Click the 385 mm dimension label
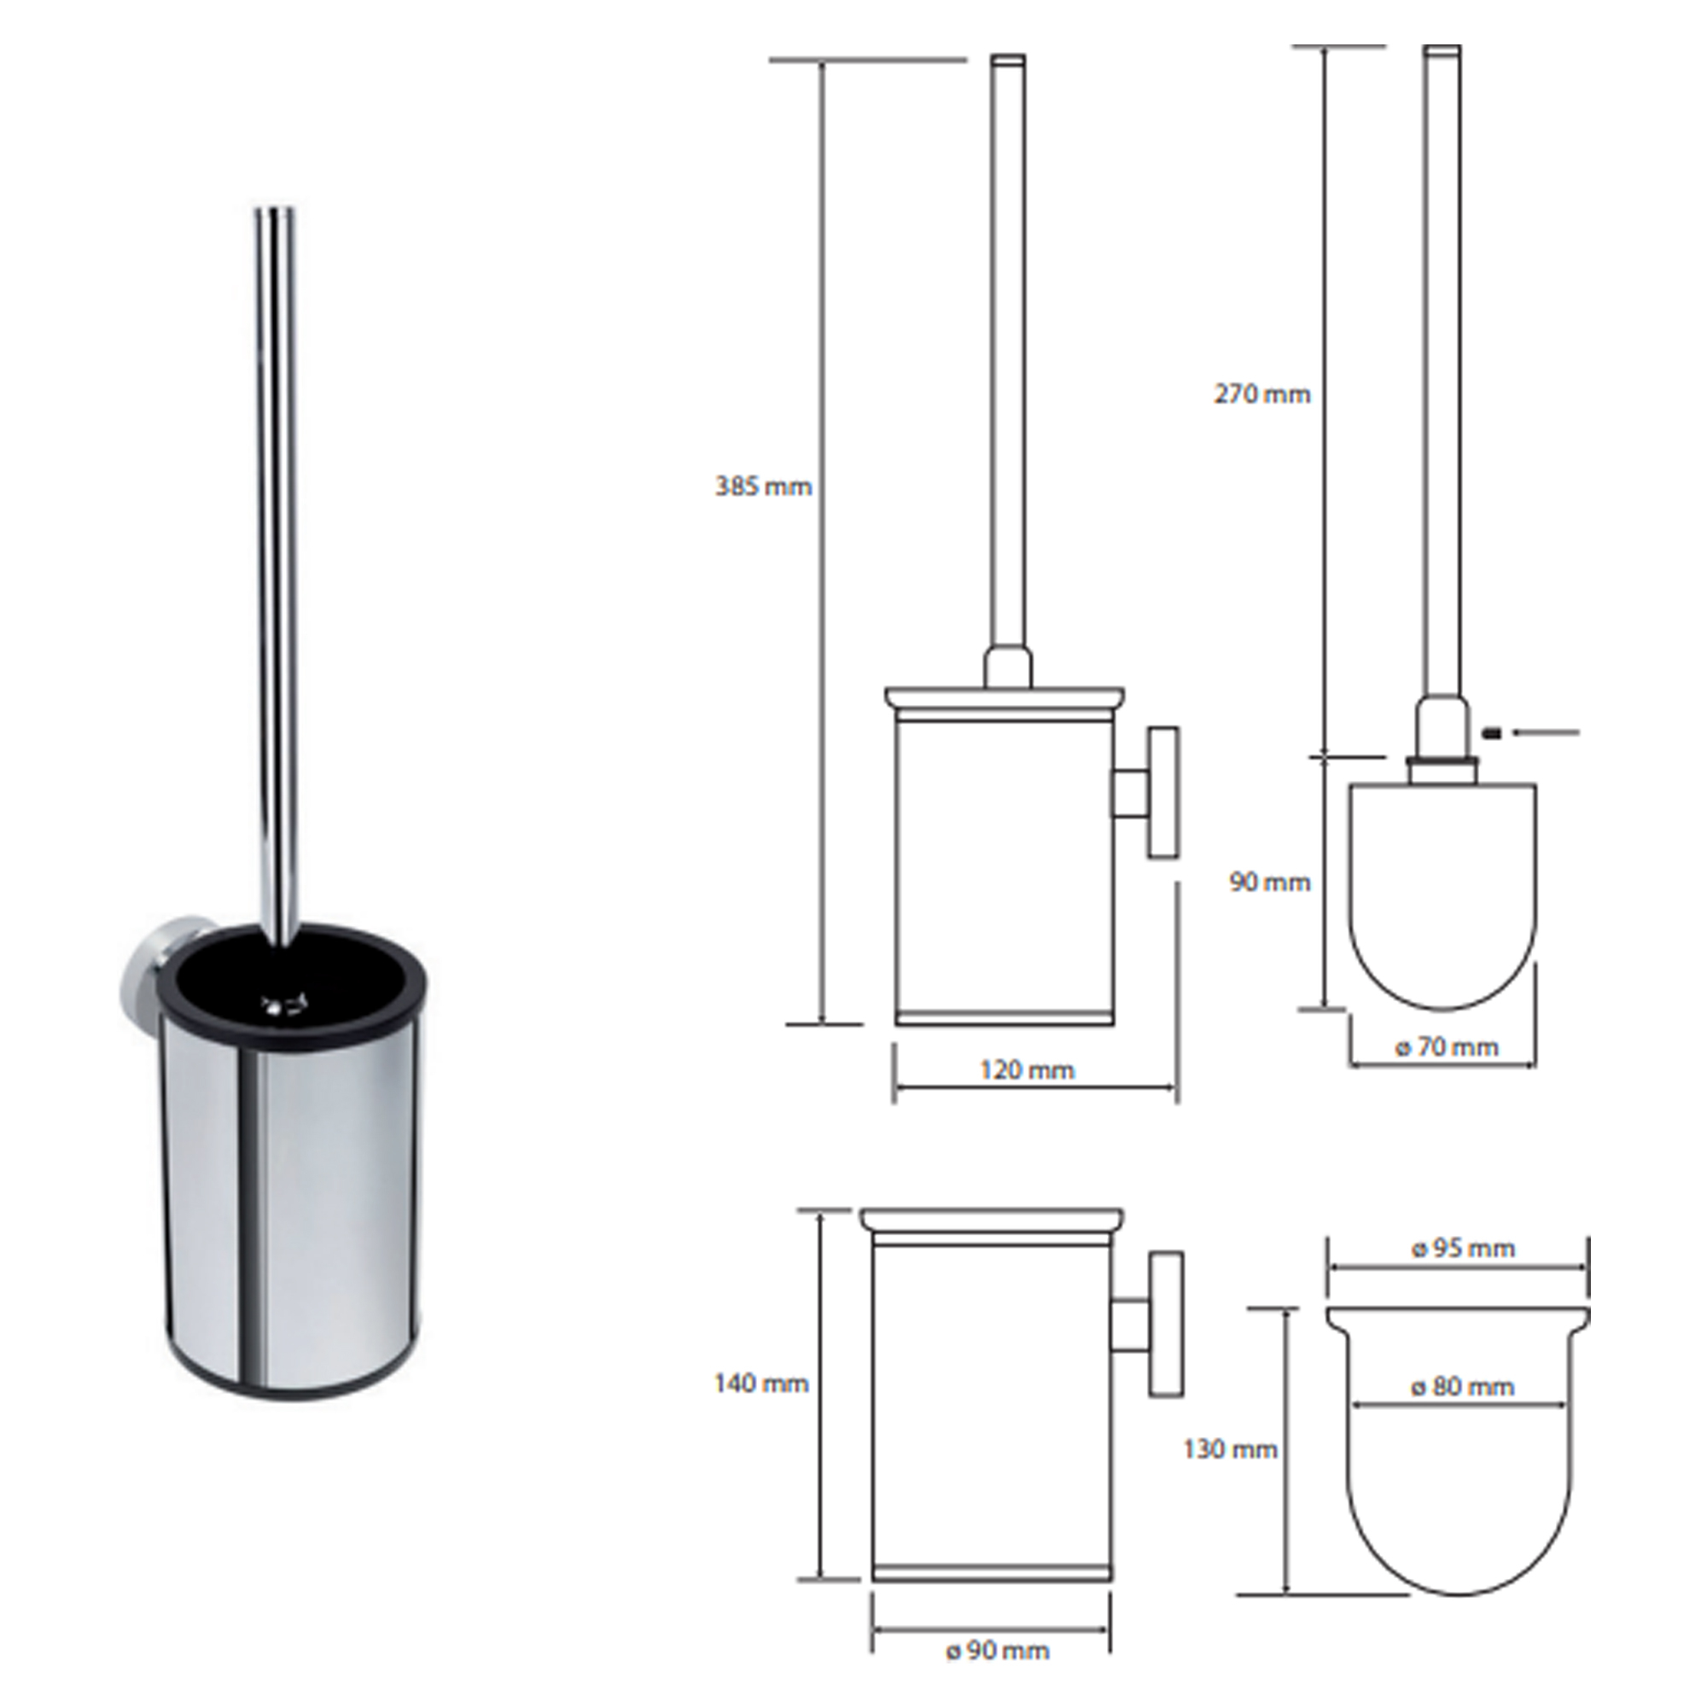[763, 486]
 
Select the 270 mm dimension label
[1261, 394]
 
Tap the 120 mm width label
[1027, 1071]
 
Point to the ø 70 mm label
[1447, 1048]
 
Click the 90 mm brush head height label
[1270, 882]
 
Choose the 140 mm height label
[761, 1383]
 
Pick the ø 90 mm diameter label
[998, 1651]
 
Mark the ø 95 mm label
[1463, 1249]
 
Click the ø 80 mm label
[1463, 1387]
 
